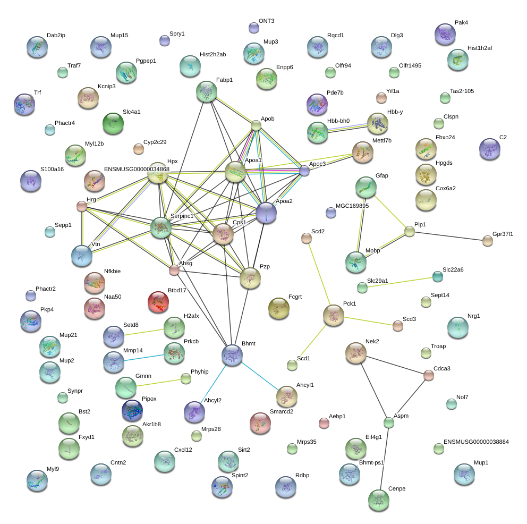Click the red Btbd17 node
[158, 302]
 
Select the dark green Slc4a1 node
[113, 123]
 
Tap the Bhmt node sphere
[232, 355]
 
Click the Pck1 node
[334, 315]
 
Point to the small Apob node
[256, 126]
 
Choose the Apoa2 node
[266, 213]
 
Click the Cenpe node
[379, 500]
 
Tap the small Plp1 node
[410, 231]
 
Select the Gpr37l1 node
[488, 241]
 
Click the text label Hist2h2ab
[212, 54]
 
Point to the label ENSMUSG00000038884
[476, 442]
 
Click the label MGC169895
[352, 206]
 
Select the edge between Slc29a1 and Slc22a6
[400, 282]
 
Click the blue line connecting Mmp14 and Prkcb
[144, 358]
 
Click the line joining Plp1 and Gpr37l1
[448, 236]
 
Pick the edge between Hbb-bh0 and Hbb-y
[347, 128]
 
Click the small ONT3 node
[254, 28]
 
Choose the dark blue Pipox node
[132, 410]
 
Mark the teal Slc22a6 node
[438, 277]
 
